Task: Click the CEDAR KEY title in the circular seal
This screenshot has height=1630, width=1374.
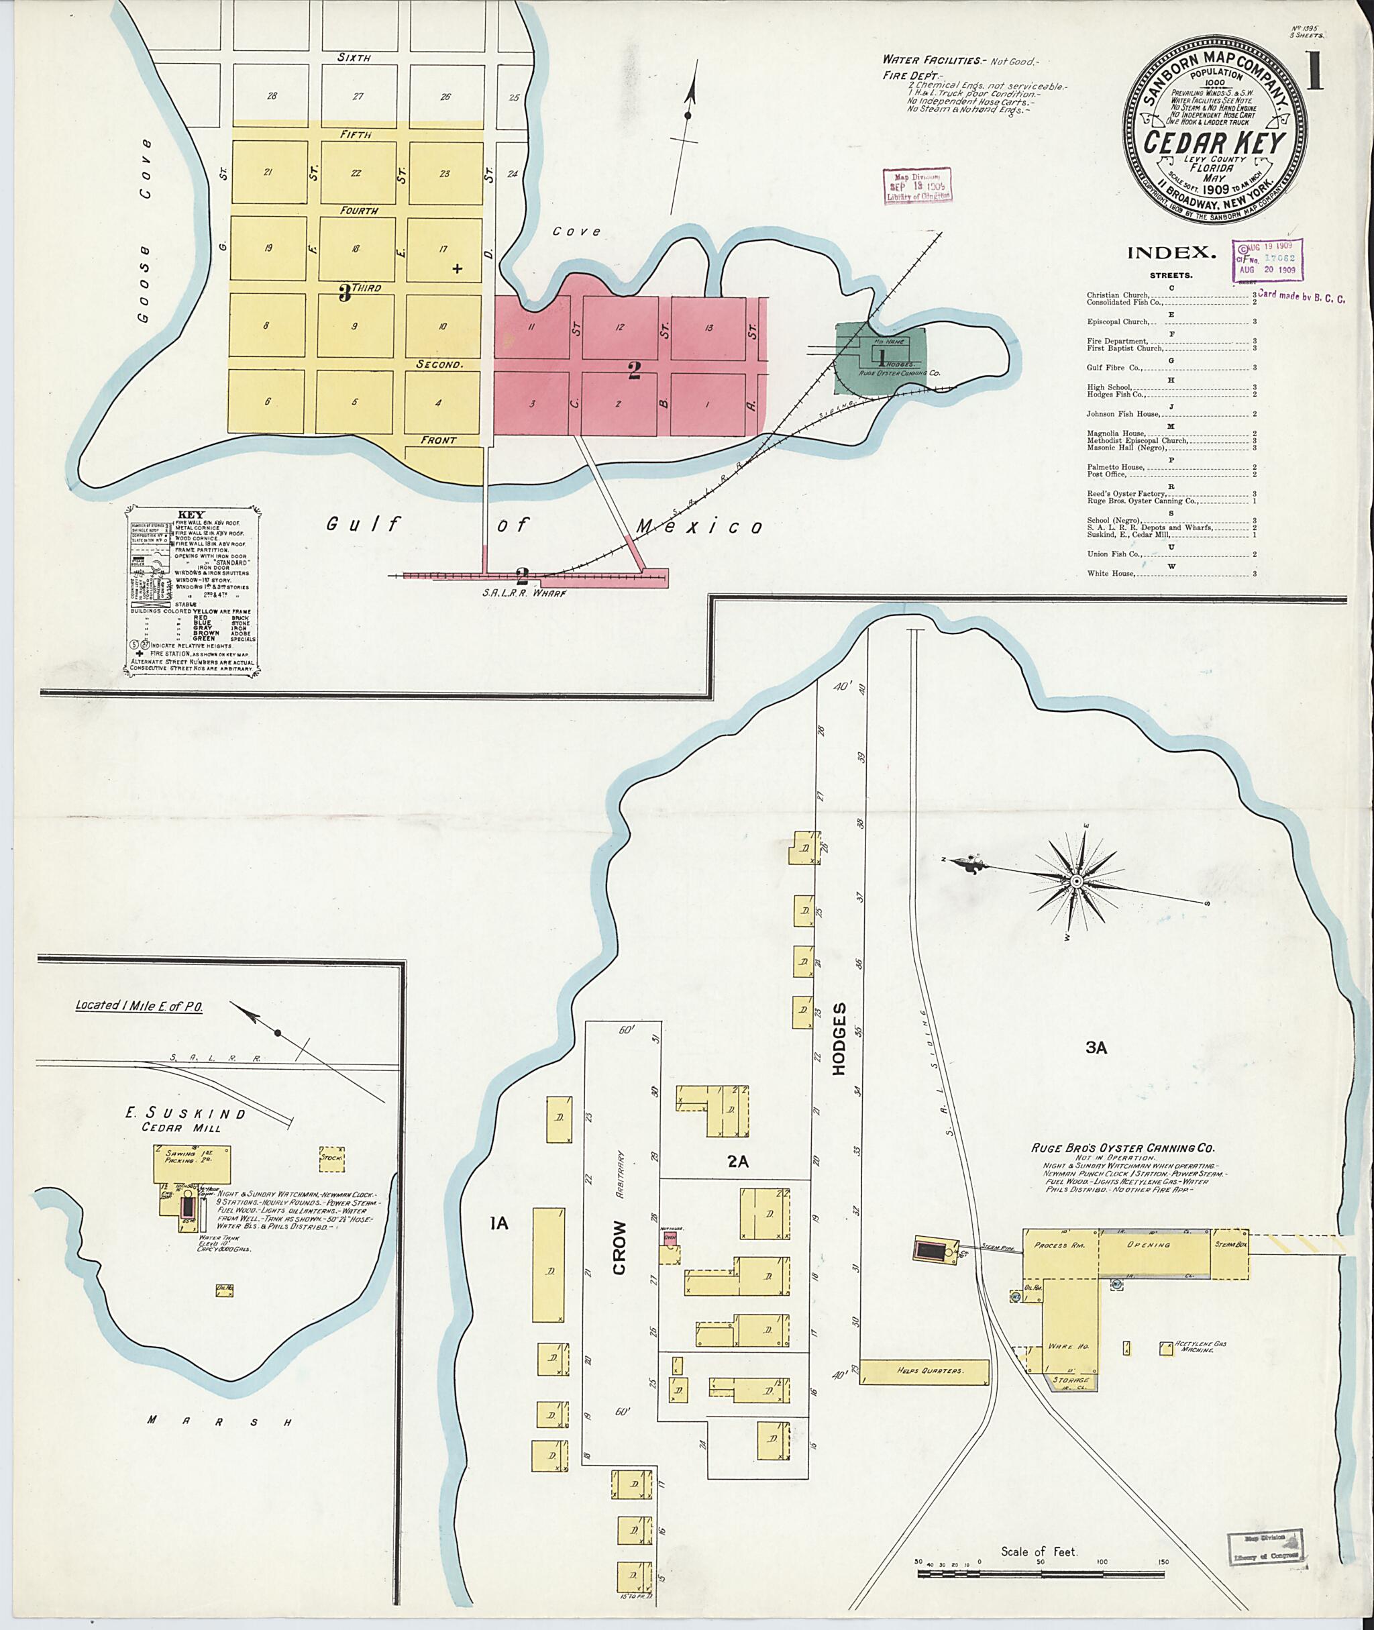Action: point(1214,144)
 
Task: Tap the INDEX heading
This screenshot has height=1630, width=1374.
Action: point(1171,252)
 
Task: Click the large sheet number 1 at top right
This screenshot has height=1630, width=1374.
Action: point(1315,77)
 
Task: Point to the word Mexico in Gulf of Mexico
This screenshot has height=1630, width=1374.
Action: point(700,527)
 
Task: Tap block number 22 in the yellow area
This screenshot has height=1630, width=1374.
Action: point(356,173)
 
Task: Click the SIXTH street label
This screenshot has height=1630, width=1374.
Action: point(354,58)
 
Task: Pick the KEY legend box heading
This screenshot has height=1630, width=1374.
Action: point(191,515)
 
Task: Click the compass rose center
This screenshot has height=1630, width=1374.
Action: point(1075,881)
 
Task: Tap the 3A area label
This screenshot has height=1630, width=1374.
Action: point(1097,1049)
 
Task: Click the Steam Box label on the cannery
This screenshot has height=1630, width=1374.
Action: point(1229,1244)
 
